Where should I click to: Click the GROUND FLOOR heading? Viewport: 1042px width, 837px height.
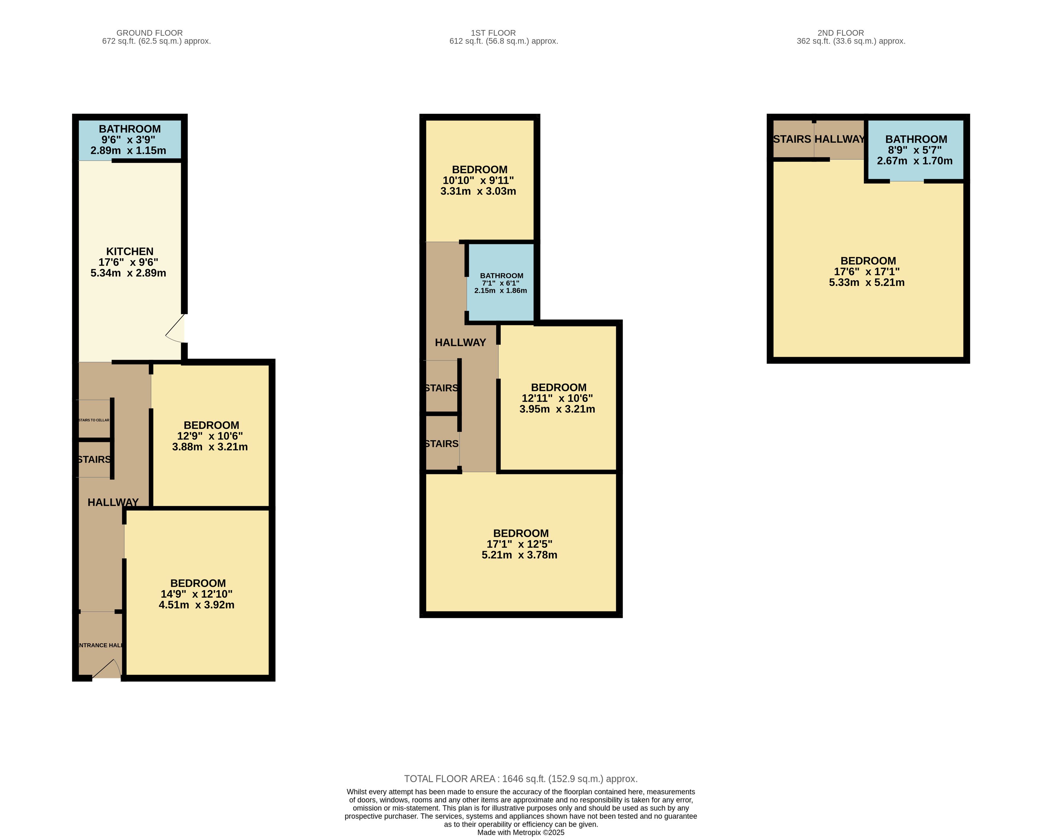149,33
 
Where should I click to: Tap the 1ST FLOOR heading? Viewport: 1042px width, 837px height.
493,33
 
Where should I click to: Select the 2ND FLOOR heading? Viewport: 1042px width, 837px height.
841,33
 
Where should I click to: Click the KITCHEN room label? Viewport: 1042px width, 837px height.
130,252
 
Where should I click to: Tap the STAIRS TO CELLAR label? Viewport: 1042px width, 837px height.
94,420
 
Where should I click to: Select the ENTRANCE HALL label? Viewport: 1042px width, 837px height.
100,645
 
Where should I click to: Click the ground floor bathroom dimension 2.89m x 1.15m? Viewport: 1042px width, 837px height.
128,150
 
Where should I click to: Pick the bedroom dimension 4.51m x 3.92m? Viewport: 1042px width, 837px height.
196,605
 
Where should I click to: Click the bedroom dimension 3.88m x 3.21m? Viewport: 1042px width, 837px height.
210,447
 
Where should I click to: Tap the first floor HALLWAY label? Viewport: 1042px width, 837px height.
460,342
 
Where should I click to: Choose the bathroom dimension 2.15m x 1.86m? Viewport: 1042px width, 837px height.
501,290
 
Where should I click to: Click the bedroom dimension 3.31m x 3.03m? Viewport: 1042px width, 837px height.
478,191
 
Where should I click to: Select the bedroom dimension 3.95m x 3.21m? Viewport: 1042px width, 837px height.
557,409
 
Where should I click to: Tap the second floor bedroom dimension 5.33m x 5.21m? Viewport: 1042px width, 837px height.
867,282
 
